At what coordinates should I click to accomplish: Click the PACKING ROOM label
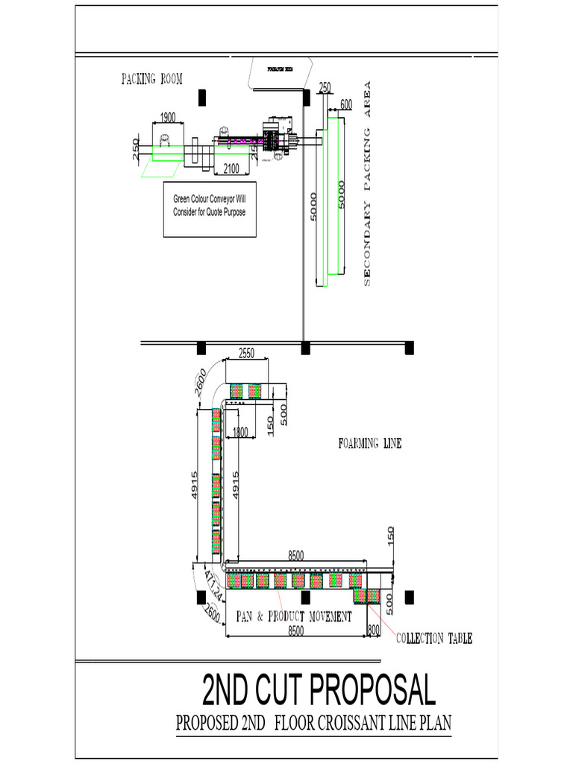click(x=152, y=80)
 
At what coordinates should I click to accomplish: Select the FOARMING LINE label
click(x=370, y=443)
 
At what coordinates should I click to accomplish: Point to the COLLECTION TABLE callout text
click(x=433, y=639)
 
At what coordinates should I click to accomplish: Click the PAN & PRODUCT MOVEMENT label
click(x=294, y=616)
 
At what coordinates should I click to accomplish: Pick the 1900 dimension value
click(x=168, y=117)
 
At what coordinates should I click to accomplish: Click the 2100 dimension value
click(x=231, y=169)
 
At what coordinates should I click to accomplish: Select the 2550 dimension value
click(x=247, y=354)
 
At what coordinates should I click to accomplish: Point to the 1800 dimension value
click(x=239, y=431)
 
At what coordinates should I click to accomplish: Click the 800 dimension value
click(x=374, y=630)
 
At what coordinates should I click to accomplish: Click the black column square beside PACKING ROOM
click(x=201, y=97)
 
